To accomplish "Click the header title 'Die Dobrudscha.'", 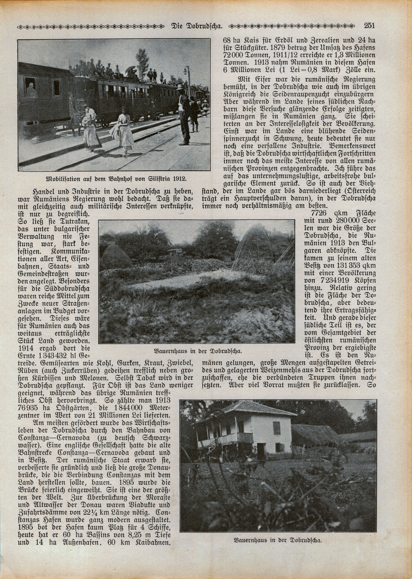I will [x=197, y=26].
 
